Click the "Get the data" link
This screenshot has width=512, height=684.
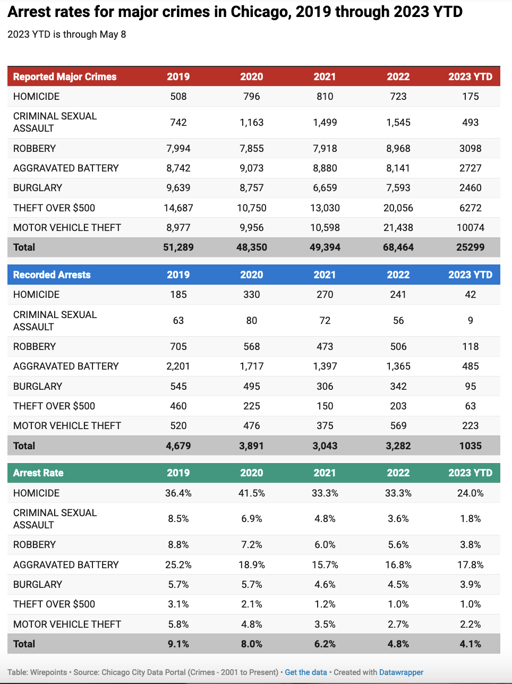pyautogui.click(x=306, y=672)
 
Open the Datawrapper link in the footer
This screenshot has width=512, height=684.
pyautogui.click(x=401, y=672)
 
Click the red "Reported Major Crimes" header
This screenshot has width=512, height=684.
pyautogui.click(x=65, y=76)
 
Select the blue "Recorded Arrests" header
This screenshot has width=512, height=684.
pyautogui.click(x=52, y=275)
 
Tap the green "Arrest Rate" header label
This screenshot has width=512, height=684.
pyautogui.click(x=38, y=473)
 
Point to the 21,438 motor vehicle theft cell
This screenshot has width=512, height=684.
pyautogui.click(x=398, y=227)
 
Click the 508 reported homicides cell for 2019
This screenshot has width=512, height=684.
pyautogui.click(x=178, y=96)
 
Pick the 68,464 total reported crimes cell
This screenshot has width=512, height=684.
pyautogui.click(x=398, y=247)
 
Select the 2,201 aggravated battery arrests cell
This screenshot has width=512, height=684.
pyautogui.click(x=178, y=366)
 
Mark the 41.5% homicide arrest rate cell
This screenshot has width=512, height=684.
pyautogui.click(x=251, y=493)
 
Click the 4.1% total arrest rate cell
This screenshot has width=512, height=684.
pyautogui.click(x=470, y=644)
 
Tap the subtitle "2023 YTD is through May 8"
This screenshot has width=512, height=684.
pyautogui.click(x=67, y=35)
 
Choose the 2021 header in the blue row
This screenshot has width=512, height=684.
pyautogui.click(x=325, y=275)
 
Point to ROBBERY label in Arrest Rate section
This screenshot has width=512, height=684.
pyautogui.click(x=35, y=544)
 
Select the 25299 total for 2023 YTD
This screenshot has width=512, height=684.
pyautogui.click(x=470, y=247)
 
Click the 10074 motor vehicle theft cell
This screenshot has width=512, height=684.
pyautogui.click(x=470, y=227)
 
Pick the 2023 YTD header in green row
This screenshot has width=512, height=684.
pyautogui.click(x=470, y=473)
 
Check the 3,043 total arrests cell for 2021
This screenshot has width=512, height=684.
pyautogui.click(x=325, y=446)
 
